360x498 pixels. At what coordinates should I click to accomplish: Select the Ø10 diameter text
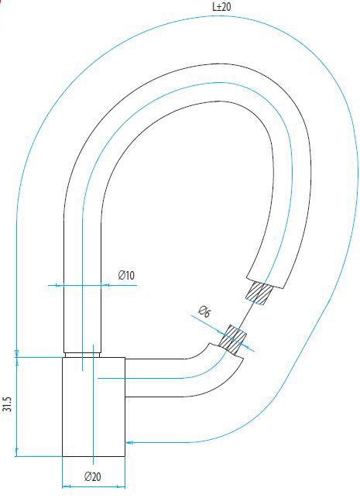[x=126, y=276]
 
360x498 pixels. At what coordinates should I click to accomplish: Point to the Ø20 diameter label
[x=93, y=476]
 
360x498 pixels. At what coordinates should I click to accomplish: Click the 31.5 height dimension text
[x=8, y=406]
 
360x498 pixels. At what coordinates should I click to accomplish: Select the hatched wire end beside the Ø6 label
[x=232, y=338]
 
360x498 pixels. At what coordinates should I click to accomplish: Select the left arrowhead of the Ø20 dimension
[x=65, y=486]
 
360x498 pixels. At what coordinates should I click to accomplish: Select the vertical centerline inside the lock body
[x=93, y=403]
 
